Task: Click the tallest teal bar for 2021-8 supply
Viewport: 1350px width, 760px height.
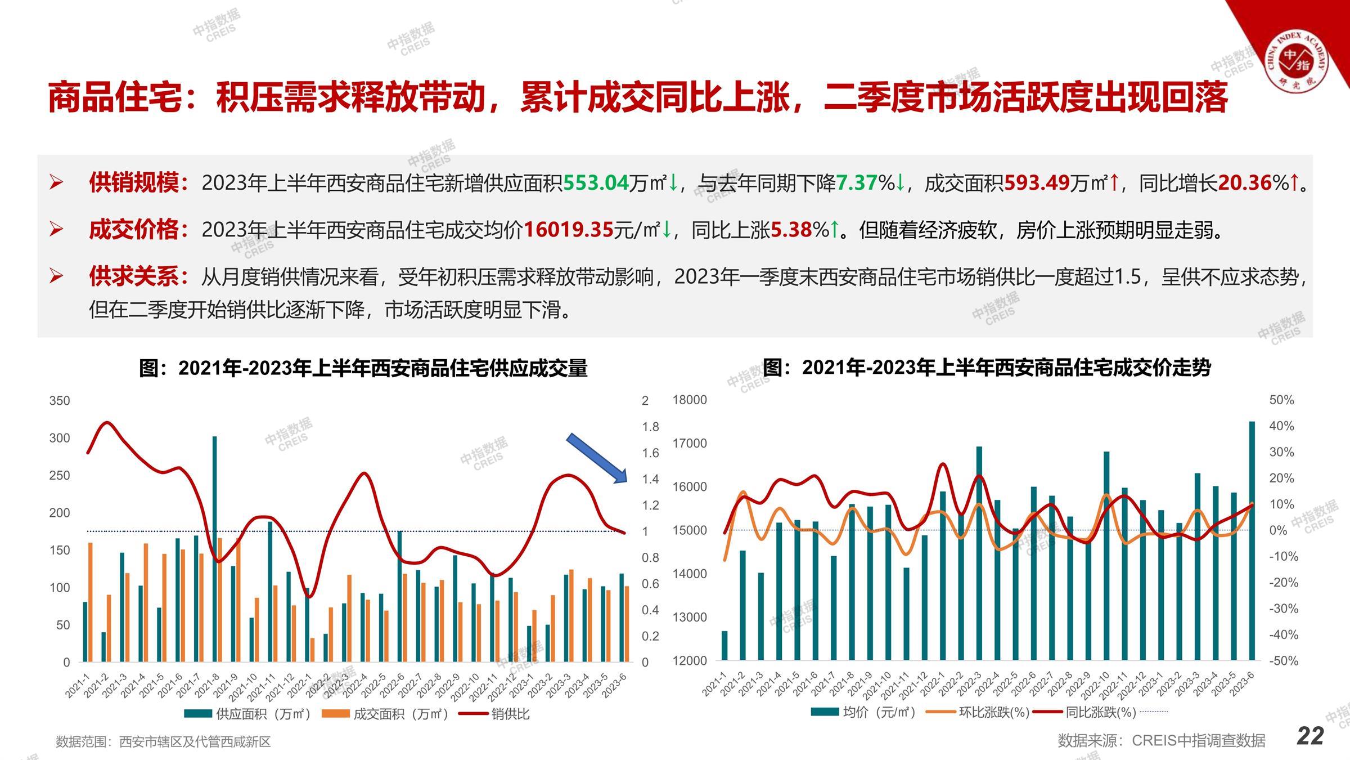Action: point(214,549)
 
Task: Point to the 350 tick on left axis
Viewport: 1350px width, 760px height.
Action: point(60,401)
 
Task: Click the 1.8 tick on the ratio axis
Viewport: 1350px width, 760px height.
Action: point(650,427)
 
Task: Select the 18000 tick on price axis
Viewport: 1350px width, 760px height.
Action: point(690,400)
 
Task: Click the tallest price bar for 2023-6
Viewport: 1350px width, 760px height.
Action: point(1252,540)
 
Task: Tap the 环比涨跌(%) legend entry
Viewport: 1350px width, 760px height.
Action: point(993,712)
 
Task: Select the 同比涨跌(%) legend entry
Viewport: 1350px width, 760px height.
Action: point(1100,712)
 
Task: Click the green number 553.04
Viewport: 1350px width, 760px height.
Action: point(596,183)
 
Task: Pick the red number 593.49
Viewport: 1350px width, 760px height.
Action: point(1037,183)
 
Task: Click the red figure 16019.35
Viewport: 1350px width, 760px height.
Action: point(568,230)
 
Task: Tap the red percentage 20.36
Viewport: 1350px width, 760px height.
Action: point(1244,183)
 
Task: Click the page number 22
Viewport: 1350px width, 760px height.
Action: point(1310,736)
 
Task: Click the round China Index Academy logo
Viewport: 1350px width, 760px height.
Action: point(1296,62)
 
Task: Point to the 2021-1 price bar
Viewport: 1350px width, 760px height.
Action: point(724,645)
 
